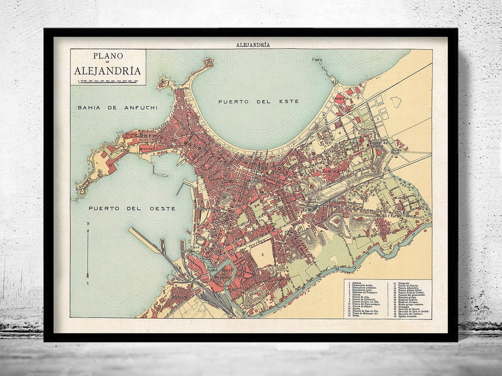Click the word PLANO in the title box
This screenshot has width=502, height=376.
coord(108,56)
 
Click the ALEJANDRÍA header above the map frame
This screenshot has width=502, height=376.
coord(253,45)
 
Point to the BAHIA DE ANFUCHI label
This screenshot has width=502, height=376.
coord(118,107)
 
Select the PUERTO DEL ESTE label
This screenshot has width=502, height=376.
coord(258,101)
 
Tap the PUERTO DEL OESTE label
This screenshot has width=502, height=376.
coord(132,208)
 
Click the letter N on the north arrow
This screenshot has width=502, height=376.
coord(88,224)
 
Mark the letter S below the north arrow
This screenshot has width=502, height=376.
coord(88,283)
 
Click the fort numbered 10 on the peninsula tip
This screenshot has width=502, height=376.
coord(208,63)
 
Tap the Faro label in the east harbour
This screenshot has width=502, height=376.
coord(317,60)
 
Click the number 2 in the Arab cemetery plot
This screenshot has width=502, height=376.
coord(263,254)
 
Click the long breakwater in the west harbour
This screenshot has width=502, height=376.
coord(146,241)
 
